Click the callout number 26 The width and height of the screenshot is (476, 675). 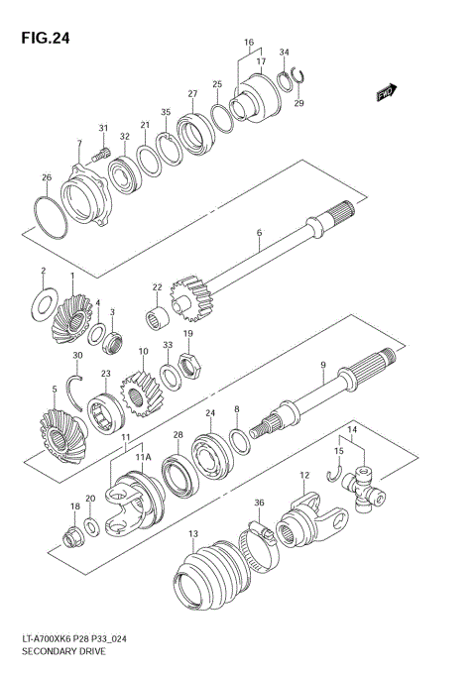click(46, 177)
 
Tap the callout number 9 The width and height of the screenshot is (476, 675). click(323, 366)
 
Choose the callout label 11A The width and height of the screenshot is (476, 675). click(141, 458)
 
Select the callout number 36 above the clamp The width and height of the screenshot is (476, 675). click(260, 504)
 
